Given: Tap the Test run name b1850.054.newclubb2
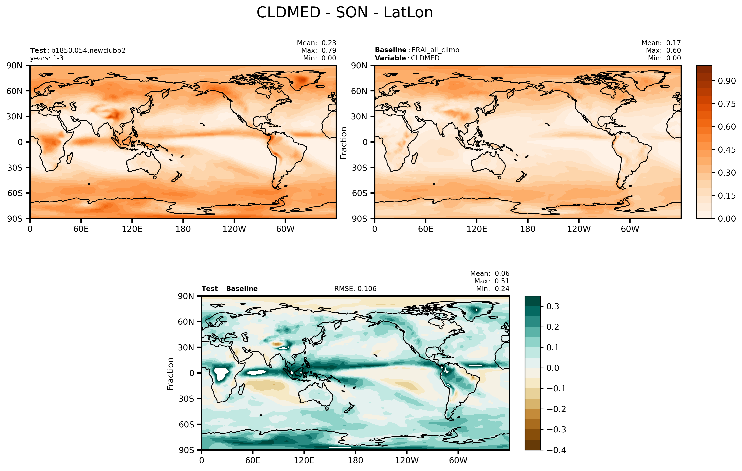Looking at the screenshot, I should [88, 51].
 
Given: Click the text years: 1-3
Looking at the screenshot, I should [47, 58].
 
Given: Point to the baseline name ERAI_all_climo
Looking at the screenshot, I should [435, 50].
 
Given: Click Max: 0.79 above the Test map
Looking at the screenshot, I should [319, 51].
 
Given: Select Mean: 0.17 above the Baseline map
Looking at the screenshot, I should [661, 43].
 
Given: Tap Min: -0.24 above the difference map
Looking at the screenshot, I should [492, 289].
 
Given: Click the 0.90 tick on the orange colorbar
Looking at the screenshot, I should [727, 81].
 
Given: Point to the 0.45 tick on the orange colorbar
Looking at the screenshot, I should [727, 150].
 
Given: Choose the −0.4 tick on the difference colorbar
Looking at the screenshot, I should [556, 450].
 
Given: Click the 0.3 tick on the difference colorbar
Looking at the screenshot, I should [553, 307].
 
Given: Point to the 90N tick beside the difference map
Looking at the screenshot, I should [186, 296].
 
